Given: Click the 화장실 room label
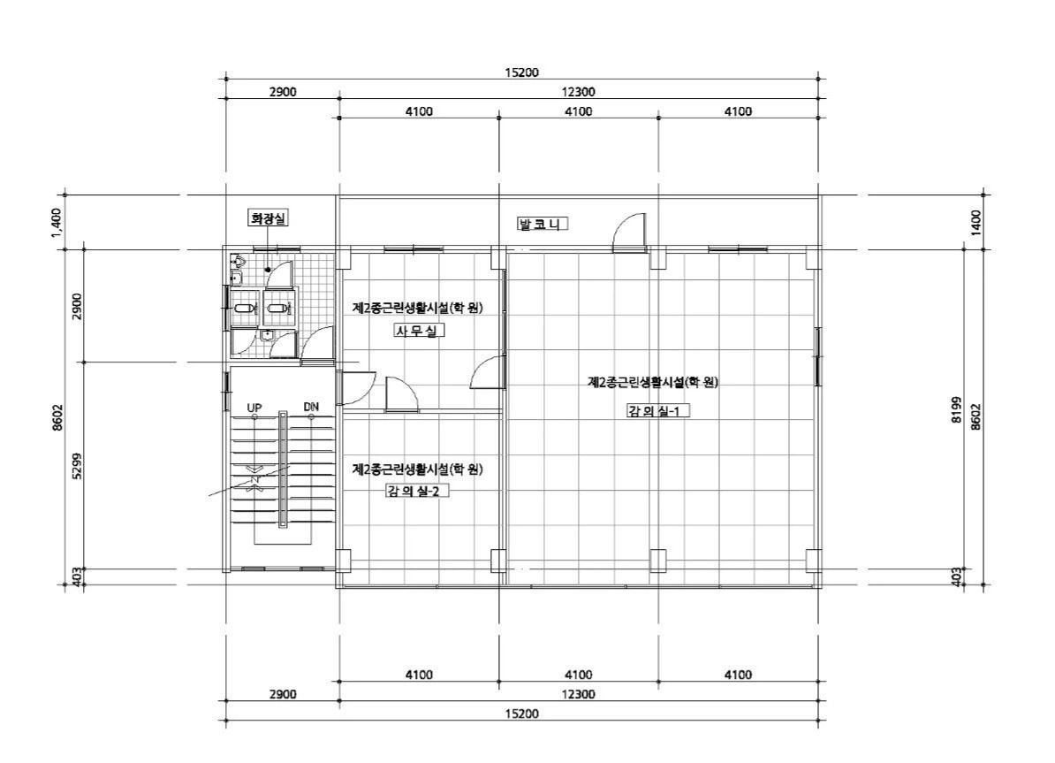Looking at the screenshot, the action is (269, 218).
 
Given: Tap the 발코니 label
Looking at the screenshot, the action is (543, 225).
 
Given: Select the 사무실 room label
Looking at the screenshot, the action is (418, 331).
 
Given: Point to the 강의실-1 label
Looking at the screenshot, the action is (658, 411).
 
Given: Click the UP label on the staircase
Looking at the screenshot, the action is (254, 408).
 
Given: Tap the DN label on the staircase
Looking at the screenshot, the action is (311, 407).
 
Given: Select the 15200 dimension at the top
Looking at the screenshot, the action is (521, 72).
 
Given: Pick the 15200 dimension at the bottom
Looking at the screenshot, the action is (521, 713).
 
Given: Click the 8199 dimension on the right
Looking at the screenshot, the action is (956, 410).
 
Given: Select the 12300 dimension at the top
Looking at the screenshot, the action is (578, 92).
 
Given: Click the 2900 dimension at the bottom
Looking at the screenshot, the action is (283, 694).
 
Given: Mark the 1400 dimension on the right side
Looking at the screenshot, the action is (976, 222).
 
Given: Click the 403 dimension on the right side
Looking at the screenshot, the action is (956, 577).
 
